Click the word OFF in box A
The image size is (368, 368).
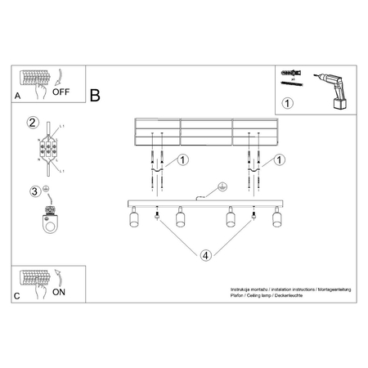62,92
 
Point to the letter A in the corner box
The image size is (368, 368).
18,96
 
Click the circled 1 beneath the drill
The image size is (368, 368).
287,104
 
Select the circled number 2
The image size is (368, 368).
33,123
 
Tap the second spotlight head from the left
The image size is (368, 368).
180,218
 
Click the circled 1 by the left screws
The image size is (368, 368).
184,159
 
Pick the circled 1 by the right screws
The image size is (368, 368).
280,159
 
